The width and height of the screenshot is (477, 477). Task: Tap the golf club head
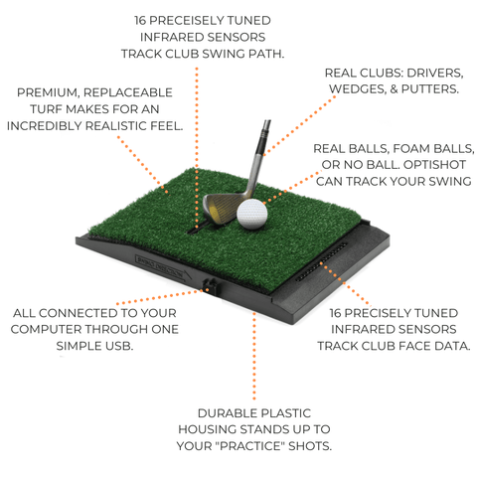point(222,206)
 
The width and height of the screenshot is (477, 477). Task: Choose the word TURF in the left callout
point(40,109)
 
